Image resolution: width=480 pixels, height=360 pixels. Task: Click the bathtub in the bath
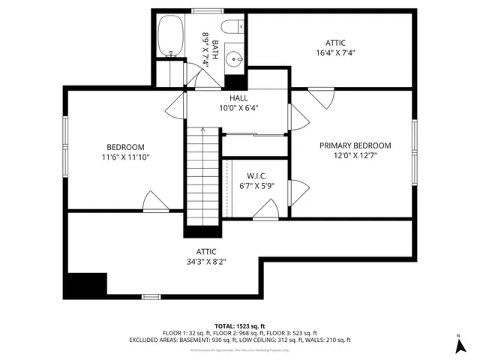[x=171, y=36]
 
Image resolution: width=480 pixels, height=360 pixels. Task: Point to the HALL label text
[x=238, y=98]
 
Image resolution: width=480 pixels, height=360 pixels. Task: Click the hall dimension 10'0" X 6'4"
[x=238, y=108]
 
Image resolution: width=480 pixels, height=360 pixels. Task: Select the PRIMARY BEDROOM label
[x=355, y=145]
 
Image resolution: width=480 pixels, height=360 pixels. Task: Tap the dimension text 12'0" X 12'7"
[x=355, y=155]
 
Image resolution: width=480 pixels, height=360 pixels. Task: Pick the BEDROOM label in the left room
[x=125, y=147]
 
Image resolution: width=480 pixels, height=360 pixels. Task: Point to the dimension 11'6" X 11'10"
[x=125, y=157]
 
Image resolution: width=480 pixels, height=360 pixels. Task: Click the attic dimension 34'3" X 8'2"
[x=202, y=262]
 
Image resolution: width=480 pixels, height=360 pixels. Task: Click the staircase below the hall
[x=202, y=176]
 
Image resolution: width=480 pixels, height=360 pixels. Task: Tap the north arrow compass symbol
[x=458, y=346]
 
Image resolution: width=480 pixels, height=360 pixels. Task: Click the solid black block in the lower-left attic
[x=85, y=284]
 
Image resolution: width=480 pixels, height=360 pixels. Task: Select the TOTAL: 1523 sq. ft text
[x=239, y=325]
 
